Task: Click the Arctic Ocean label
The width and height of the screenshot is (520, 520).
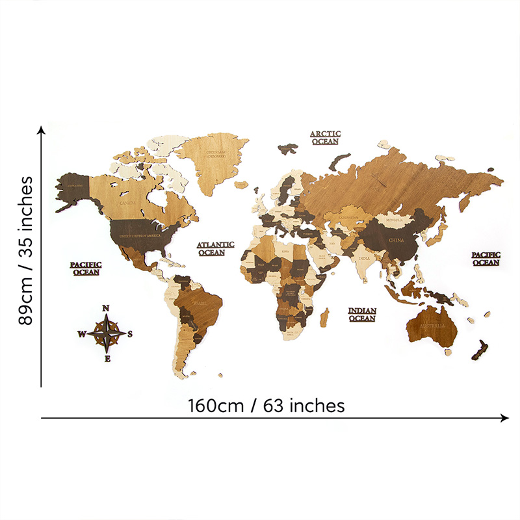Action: (325, 137)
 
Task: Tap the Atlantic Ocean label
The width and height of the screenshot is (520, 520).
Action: (215, 248)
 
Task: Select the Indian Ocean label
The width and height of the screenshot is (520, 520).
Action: (362, 315)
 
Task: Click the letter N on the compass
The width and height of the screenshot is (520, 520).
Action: (107, 309)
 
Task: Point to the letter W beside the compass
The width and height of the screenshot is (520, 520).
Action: (81, 334)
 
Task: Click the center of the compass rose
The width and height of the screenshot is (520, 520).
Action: (107, 333)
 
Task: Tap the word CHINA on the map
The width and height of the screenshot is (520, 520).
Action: (396, 240)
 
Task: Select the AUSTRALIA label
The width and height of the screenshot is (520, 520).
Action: (432, 324)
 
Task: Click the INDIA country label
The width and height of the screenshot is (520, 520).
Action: (364, 257)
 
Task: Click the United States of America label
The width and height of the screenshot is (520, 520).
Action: (136, 235)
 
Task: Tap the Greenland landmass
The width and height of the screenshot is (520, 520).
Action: (214, 156)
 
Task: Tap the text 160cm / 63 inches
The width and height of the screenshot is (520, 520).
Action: (266, 406)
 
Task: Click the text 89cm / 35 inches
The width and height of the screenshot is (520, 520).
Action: (26, 251)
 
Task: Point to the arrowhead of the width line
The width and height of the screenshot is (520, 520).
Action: (506, 418)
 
